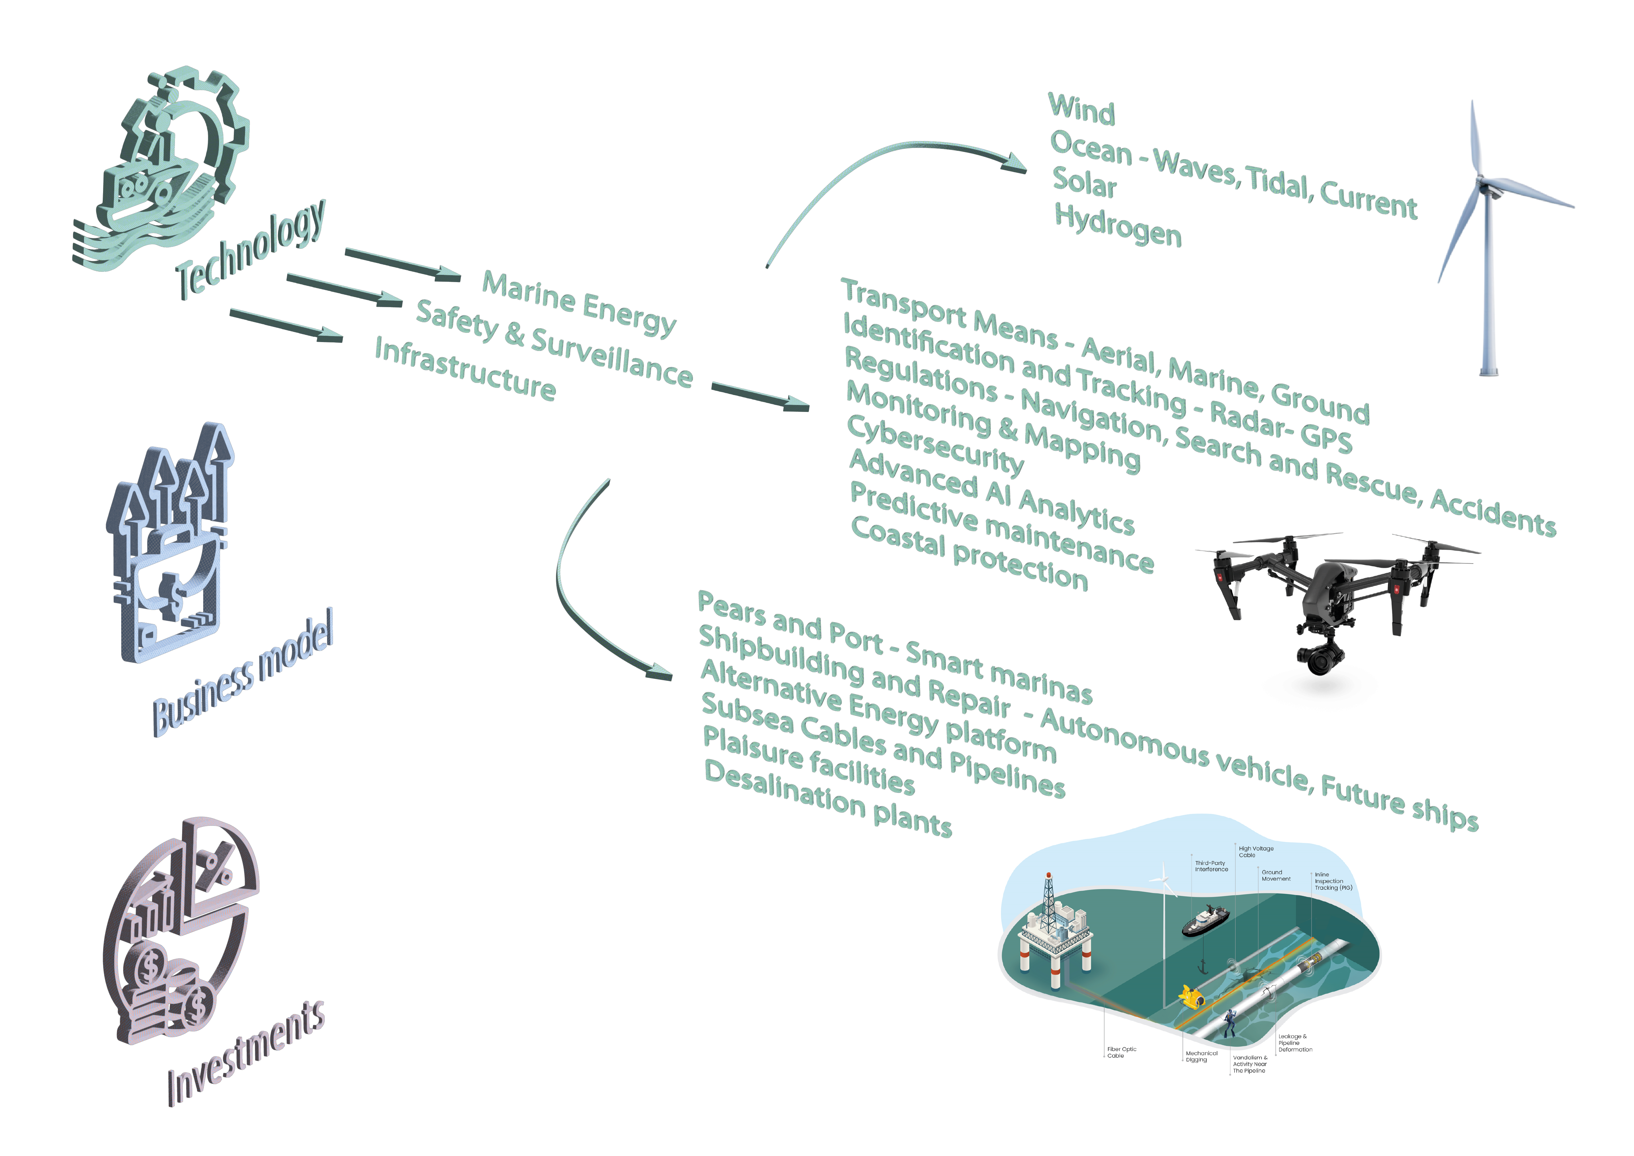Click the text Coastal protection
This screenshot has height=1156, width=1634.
coord(969,554)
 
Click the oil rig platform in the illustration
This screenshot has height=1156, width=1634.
coord(1053,933)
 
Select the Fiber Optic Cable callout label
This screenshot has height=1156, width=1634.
coord(1122,1052)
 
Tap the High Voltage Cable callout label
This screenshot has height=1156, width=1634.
coord(1256,851)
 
